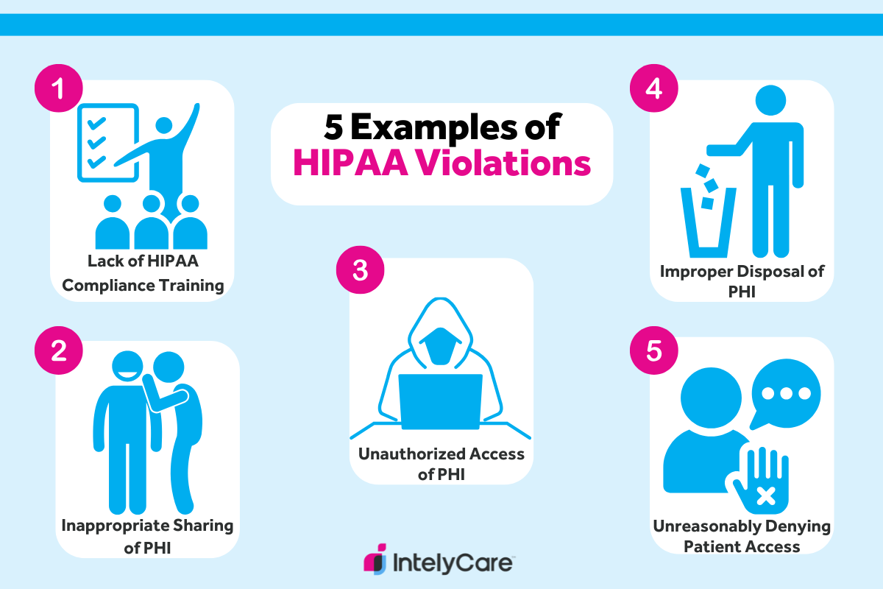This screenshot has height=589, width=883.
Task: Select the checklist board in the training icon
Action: point(107,142)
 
